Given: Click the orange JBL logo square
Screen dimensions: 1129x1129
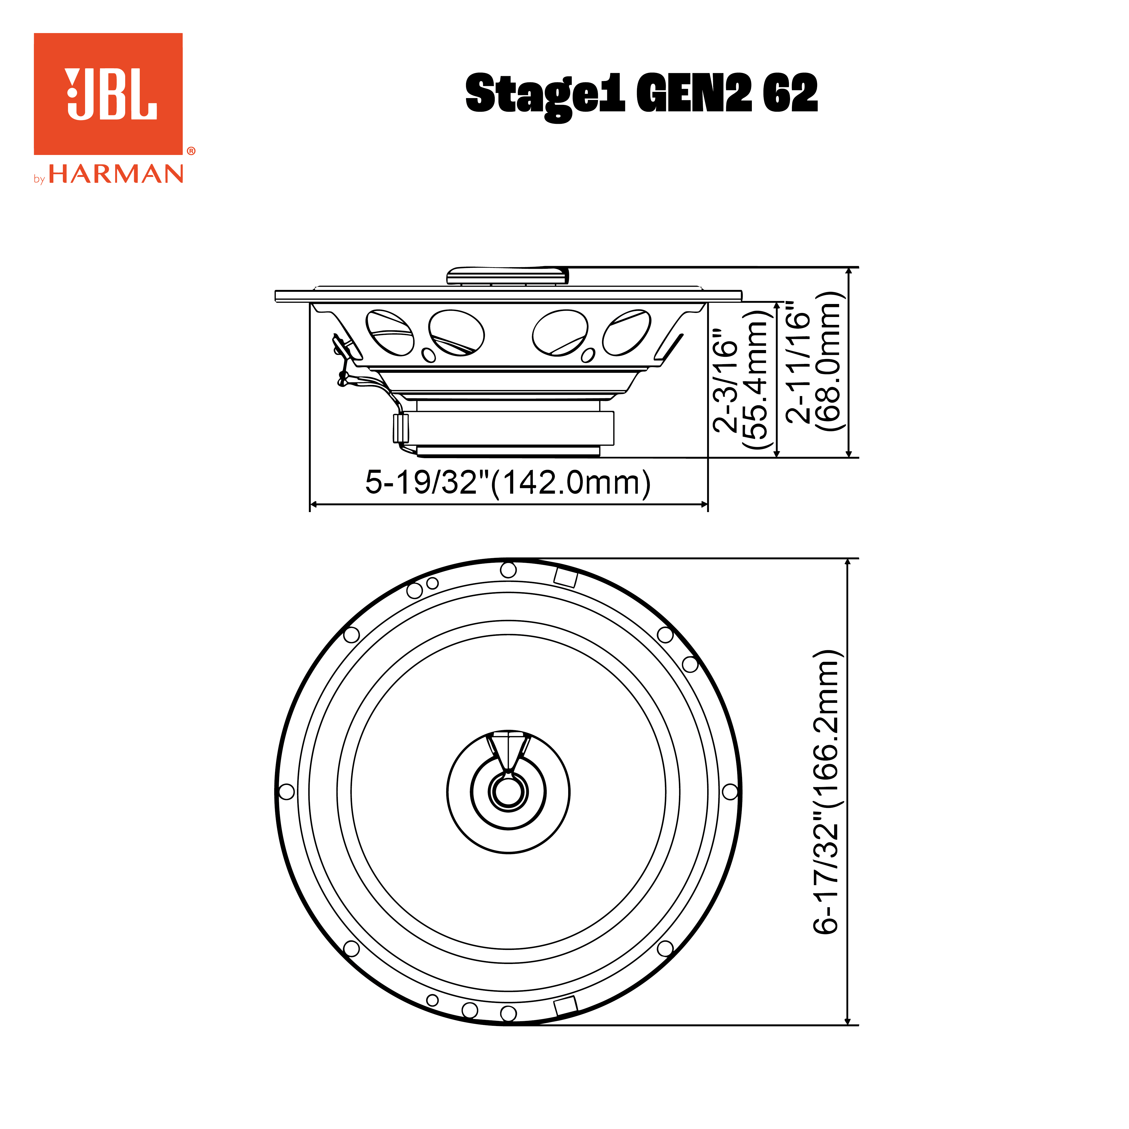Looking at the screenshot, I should tap(108, 93).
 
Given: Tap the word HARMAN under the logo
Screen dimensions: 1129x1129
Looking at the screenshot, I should tap(116, 174).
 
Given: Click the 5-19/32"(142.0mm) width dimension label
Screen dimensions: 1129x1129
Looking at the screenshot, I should tap(507, 483).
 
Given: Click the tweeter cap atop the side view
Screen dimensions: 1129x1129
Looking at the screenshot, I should tap(507, 275).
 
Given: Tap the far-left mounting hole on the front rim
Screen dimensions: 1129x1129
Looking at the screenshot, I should tap(286, 792).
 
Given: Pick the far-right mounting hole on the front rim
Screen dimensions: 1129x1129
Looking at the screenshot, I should tap(730, 792).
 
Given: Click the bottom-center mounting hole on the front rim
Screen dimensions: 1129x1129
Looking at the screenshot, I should tap(508, 1013).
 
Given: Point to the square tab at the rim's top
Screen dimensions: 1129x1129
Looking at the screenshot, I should tap(565, 577).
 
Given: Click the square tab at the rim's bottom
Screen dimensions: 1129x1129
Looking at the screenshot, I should tap(565, 1006).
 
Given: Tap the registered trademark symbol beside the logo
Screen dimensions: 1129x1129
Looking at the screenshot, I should tap(191, 151).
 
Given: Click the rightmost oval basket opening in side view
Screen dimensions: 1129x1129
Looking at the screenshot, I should tap(626, 332).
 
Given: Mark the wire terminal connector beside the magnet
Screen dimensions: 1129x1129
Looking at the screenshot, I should tap(400, 428).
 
